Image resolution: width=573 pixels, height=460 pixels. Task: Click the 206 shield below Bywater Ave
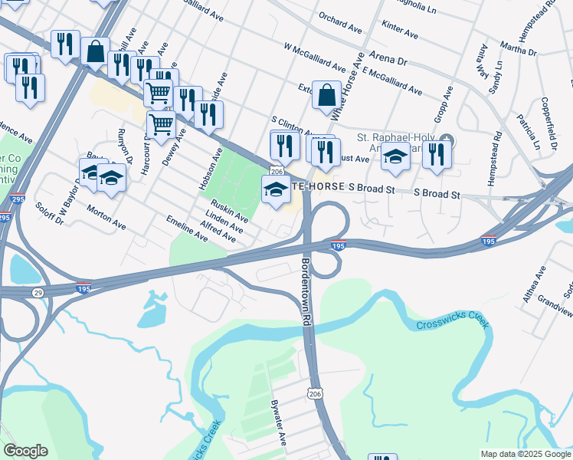click(313, 393)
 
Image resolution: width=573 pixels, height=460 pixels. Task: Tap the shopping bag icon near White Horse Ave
click(326, 95)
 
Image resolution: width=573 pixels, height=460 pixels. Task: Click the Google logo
click(25, 452)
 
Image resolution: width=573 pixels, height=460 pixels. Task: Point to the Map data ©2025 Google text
click(526, 454)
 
